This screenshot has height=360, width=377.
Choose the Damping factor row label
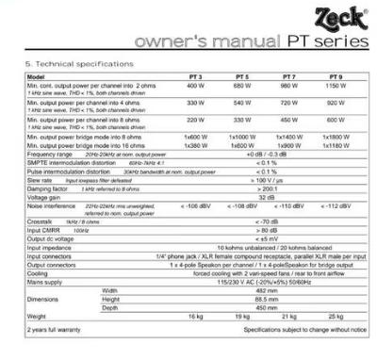(40, 188)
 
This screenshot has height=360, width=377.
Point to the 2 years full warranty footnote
(49, 332)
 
